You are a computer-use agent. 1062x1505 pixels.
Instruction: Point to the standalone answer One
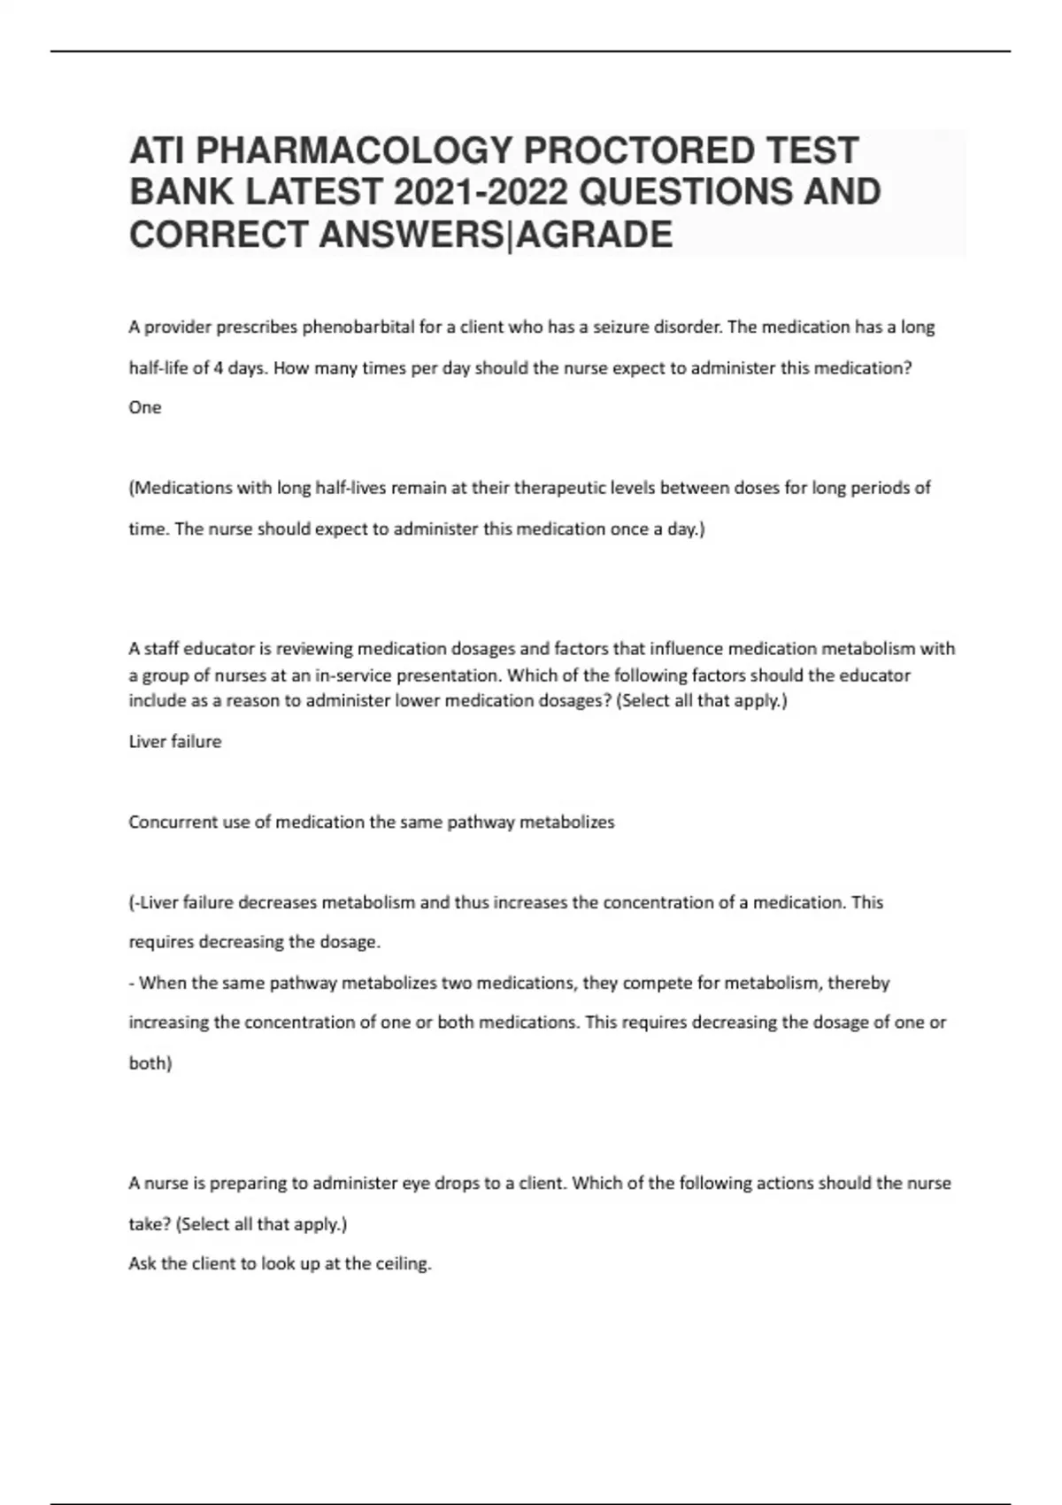[145, 407]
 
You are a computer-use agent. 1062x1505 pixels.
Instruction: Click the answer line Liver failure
[175, 742]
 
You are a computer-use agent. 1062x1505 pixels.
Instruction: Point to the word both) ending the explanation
[150, 1063]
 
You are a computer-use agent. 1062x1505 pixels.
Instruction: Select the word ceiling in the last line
[403, 1264]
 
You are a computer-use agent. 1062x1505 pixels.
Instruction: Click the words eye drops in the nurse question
[441, 1184]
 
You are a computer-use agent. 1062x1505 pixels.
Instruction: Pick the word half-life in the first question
[158, 368]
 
